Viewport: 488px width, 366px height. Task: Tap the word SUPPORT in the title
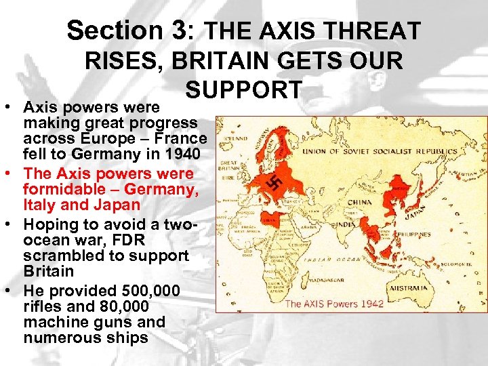pos(243,89)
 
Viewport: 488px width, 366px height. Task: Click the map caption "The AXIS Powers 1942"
pos(334,303)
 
